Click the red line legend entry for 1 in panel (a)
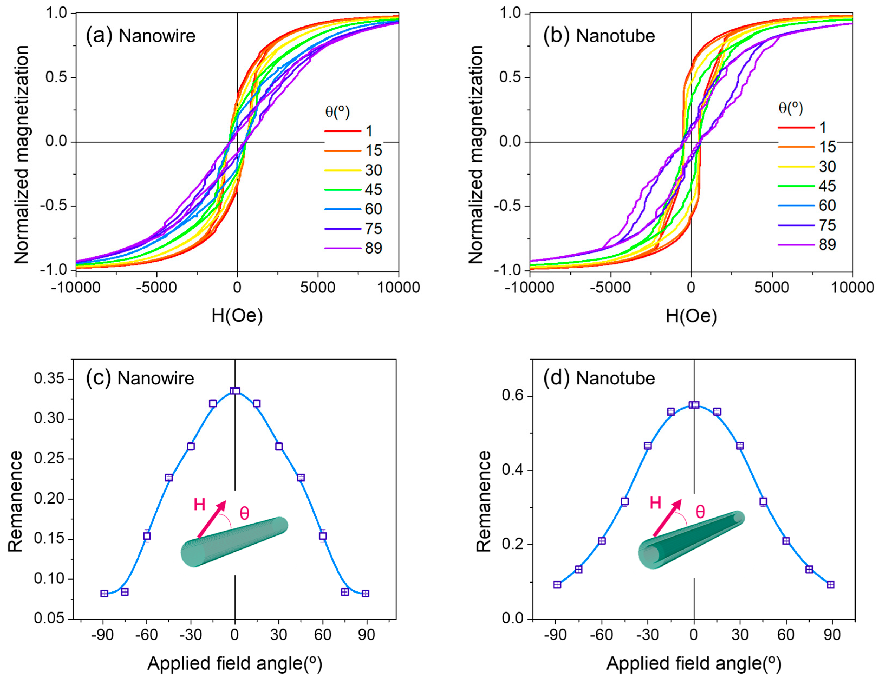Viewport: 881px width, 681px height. coord(343,131)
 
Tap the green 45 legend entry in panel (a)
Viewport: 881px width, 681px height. coord(343,189)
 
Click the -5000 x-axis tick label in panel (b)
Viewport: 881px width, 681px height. coord(610,288)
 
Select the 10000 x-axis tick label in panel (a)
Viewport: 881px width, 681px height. coord(399,288)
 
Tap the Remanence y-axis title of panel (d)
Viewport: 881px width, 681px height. coord(483,501)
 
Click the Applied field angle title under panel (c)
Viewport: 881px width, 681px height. coord(235,663)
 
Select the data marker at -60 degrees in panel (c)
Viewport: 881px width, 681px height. coord(147,536)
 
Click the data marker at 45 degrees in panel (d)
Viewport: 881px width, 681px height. coord(763,501)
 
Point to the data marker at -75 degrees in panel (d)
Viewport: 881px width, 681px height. coord(579,569)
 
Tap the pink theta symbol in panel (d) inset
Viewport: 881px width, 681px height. coord(700,512)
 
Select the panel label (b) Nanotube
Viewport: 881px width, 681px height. coord(599,36)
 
